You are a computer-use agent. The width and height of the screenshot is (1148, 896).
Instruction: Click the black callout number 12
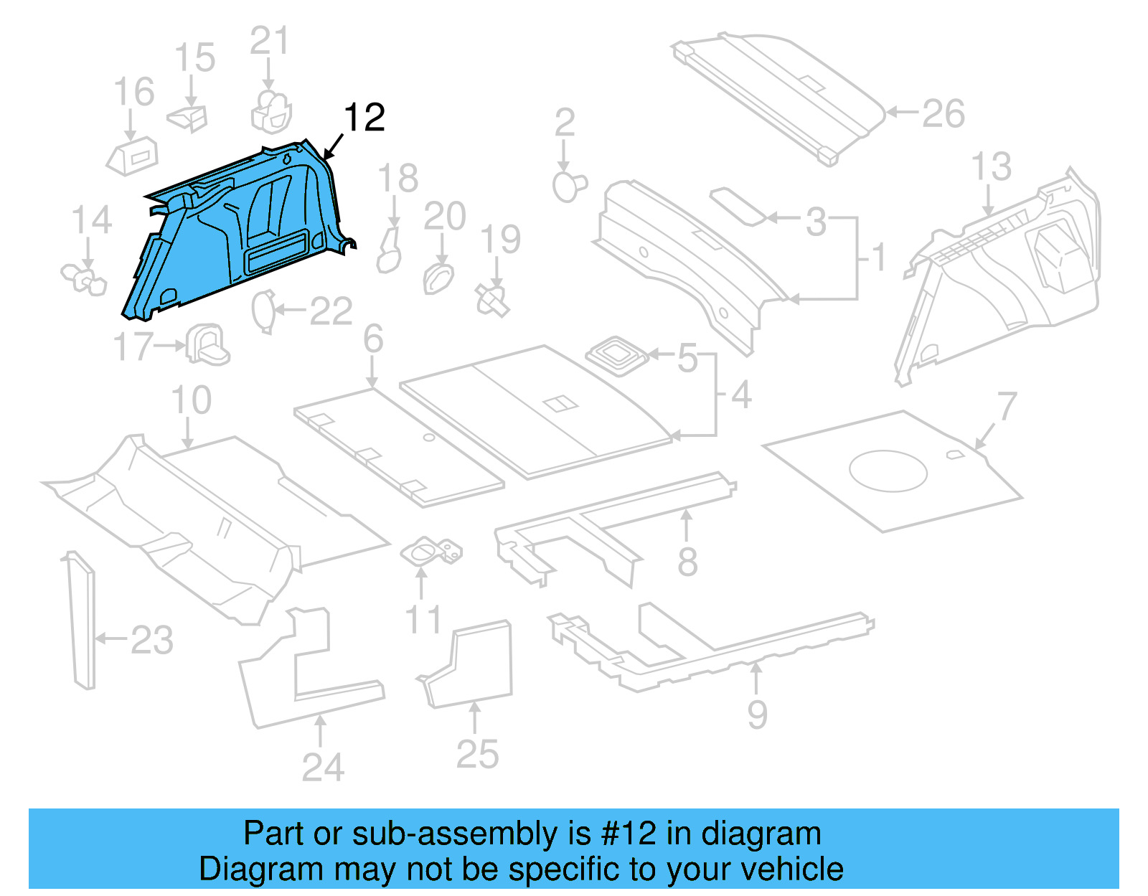(364, 118)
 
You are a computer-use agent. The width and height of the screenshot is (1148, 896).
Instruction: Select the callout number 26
(943, 114)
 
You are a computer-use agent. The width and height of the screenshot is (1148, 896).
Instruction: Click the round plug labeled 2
(568, 187)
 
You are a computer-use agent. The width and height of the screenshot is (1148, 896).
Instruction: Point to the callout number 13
(991, 166)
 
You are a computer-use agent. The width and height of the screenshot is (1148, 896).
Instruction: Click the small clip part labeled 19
(493, 300)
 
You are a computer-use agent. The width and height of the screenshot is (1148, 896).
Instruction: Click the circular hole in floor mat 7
(888, 471)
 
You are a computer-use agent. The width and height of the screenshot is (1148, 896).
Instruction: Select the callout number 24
(322, 768)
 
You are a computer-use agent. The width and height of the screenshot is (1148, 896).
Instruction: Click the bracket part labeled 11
(430, 552)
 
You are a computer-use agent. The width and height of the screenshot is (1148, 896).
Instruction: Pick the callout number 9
(757, 715)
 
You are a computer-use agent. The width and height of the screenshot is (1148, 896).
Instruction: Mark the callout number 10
(191, 400)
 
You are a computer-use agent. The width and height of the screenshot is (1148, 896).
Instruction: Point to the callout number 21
(269, 42)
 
